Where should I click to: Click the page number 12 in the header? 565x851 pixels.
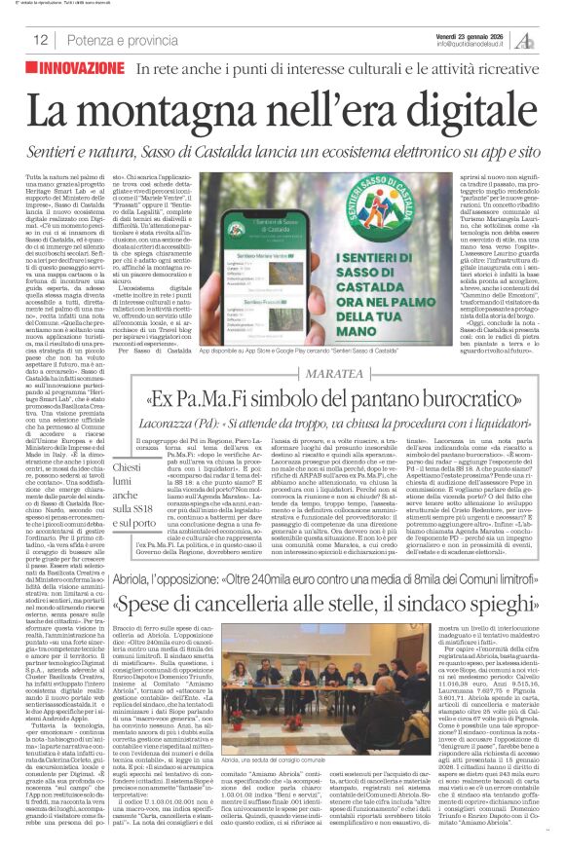click(40, 40)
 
